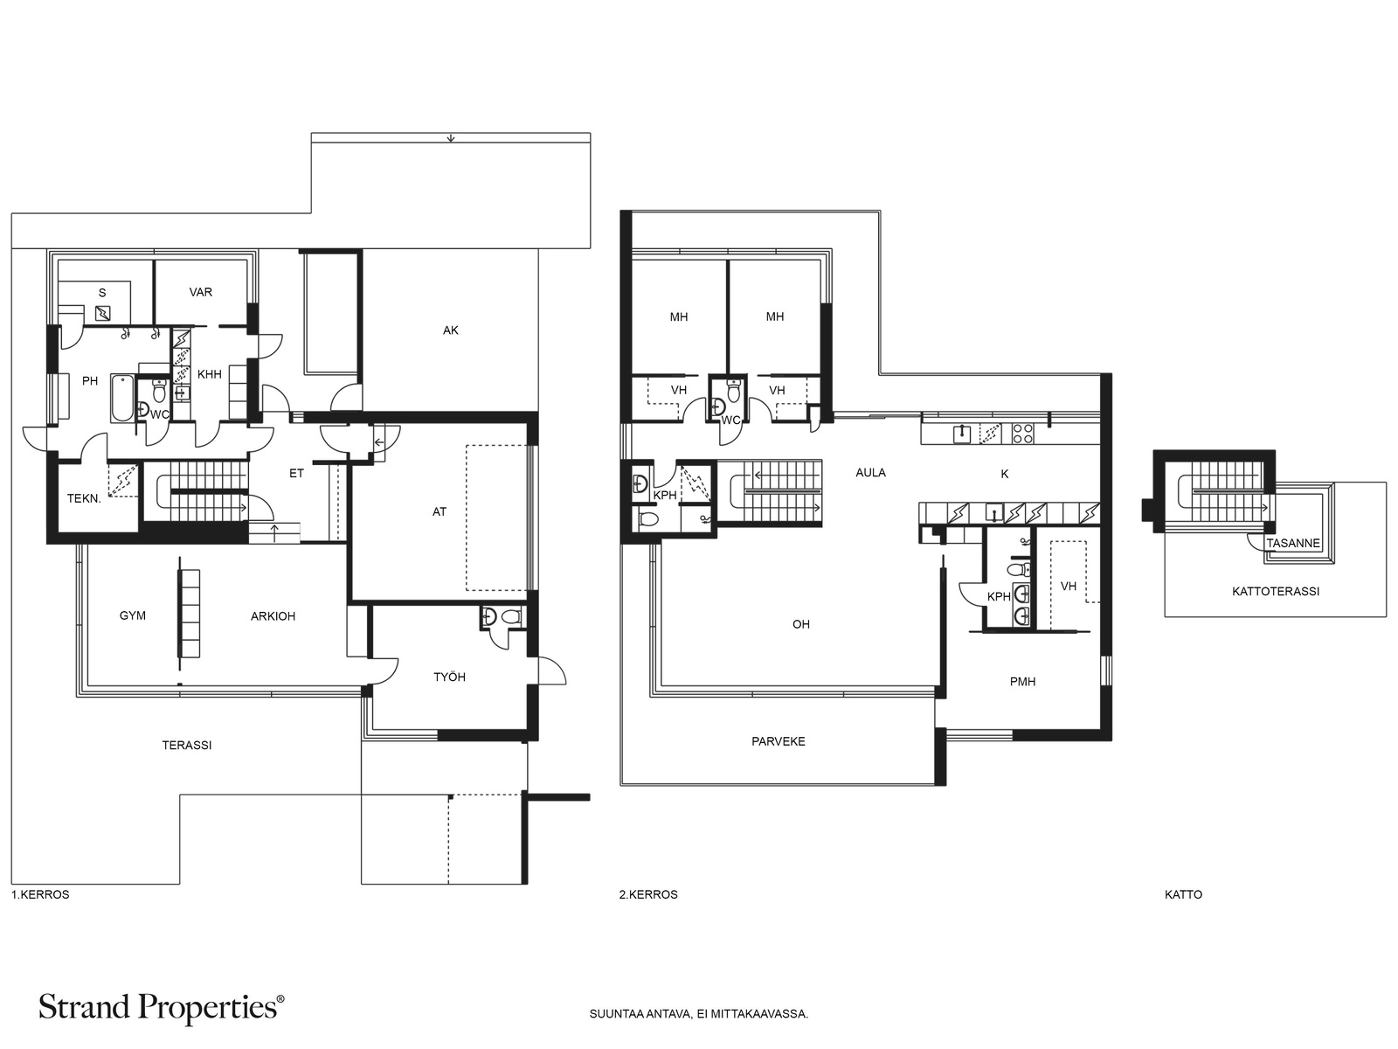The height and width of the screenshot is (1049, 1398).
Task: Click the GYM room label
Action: tap(133, 616)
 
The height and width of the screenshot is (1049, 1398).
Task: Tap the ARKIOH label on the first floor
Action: tap(273, 616)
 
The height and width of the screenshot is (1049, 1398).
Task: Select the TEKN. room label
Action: tap(84, 498)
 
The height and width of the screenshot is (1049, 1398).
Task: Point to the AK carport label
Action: tap(450, 330)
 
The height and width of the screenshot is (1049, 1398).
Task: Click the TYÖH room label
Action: tap(450, 677)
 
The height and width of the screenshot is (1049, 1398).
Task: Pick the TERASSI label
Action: tap(187, 745)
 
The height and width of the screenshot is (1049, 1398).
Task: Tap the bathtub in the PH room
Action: tap(122, 398)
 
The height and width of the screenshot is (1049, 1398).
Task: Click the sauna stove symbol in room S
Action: tap(102, 313)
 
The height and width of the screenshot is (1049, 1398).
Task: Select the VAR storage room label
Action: tap(201, 292)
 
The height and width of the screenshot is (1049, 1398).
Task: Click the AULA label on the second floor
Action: tap(870, 473)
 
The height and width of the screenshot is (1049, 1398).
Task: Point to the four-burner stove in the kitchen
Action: tap(1023, 434)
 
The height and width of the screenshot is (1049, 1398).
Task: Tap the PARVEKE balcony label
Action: tap(779, 741)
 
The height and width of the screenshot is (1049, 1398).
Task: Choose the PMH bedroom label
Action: tap(1022, 682)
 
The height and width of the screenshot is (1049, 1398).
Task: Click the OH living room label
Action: tap(801, 625)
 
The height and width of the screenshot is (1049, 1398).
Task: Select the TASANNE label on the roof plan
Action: tap(1293, 544)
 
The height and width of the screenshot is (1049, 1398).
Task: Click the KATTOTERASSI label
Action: tap(1276, 592)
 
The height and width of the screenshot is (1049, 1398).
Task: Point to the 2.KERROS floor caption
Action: tap(648, 895)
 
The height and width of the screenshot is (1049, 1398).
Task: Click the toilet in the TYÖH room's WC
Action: tap(511, 616)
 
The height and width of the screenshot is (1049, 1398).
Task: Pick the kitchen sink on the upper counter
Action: tap(961, 434)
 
